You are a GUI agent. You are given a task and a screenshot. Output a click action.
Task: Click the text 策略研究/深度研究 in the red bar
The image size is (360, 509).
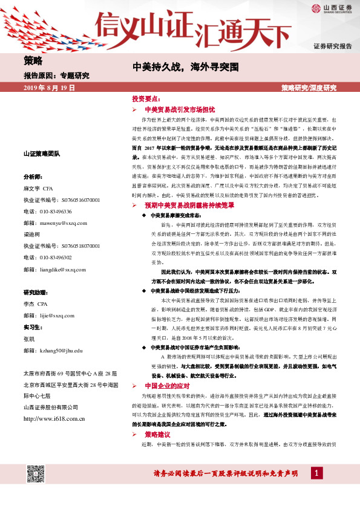click(309, 88)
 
